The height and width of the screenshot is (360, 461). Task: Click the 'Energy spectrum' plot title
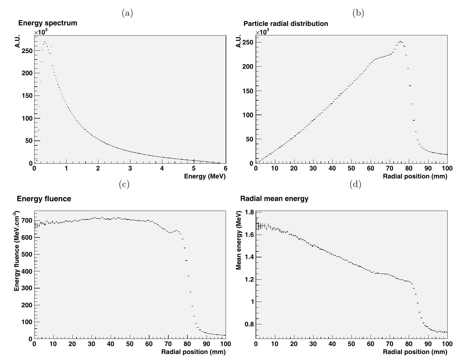click(48, 23)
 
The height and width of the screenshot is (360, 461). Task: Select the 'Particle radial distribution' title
click(286, 24)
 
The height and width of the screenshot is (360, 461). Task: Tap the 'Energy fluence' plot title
click(44, 199)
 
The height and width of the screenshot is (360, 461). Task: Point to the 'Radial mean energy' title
click(274, 199)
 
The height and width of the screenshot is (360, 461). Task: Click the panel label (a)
click(127, 13)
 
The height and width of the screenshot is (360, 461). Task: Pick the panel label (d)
click(355, 184)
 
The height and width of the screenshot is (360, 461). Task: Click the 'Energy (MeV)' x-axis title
click(205, 176)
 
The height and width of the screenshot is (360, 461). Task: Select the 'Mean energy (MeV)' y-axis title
click(239, 240)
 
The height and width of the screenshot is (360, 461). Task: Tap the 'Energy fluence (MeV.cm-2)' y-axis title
click(17, 251)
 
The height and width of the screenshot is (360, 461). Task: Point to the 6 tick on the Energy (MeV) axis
click(225, 168)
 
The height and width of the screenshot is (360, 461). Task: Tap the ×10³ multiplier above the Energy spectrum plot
click(41, 32)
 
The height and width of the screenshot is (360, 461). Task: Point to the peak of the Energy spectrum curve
click(45, 42)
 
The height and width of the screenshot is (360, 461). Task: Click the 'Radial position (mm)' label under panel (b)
click(415, 176)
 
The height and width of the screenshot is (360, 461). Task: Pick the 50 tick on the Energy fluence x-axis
click(130, 344)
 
